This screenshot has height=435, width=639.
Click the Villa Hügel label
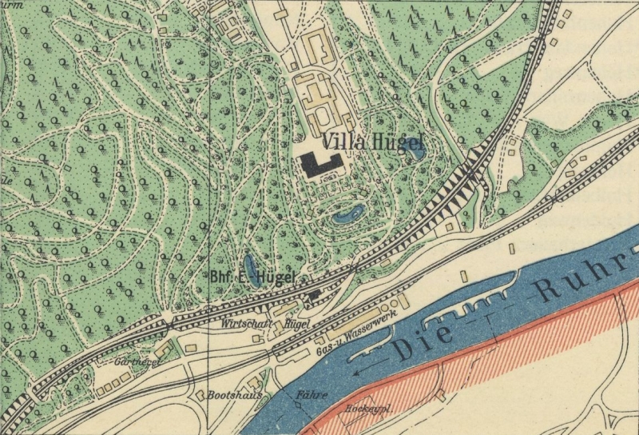pyautogui.click(x=373, y=142)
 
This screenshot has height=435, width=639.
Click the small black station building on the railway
pyautogui.click(x=314, y=296)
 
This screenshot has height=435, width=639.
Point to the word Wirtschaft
pyautogui.click(x=244, y=325)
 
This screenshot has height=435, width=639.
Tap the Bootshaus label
pyautogui.click(x=230, y=395)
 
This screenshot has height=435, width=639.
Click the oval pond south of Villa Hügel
pyautogui.click(x=349, y=214)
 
